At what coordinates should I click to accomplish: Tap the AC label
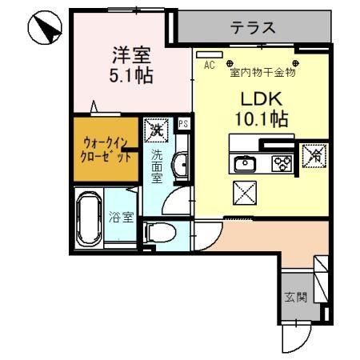pyautogui.click(x=210, y=66)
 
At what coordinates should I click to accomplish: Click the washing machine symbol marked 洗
pyautogui.click(x=155, y=128)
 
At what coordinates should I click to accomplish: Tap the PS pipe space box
pyautogui.click(x=183, y=124)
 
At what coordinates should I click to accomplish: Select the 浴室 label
pyautogui.click(x=121, y=216)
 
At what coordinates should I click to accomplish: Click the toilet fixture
pyautogui.click(x=160, y=233)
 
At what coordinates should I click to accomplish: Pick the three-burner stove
pyautogui.click(x=283, y=164)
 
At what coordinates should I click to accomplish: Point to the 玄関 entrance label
pyautogui.click(x=295, y=298)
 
